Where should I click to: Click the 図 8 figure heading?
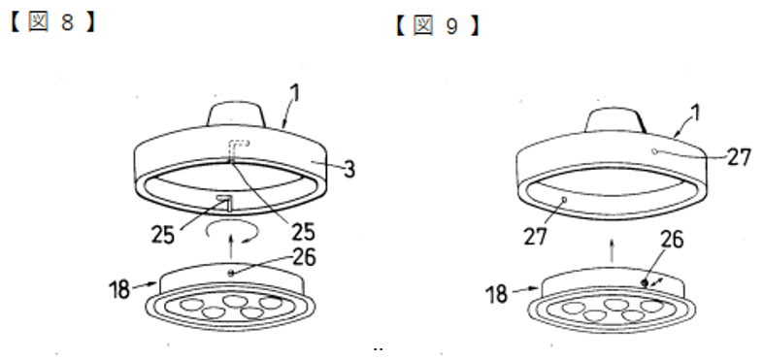click(x=51, y=23)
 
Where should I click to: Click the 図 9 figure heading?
click(x=437, y=26)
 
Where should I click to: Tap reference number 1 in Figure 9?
click(x=696, y=112)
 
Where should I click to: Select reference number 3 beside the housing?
click(x=349, y=168)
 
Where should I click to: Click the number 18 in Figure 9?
click(x=497, y=294)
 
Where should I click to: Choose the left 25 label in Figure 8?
click(x=162, y=236)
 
